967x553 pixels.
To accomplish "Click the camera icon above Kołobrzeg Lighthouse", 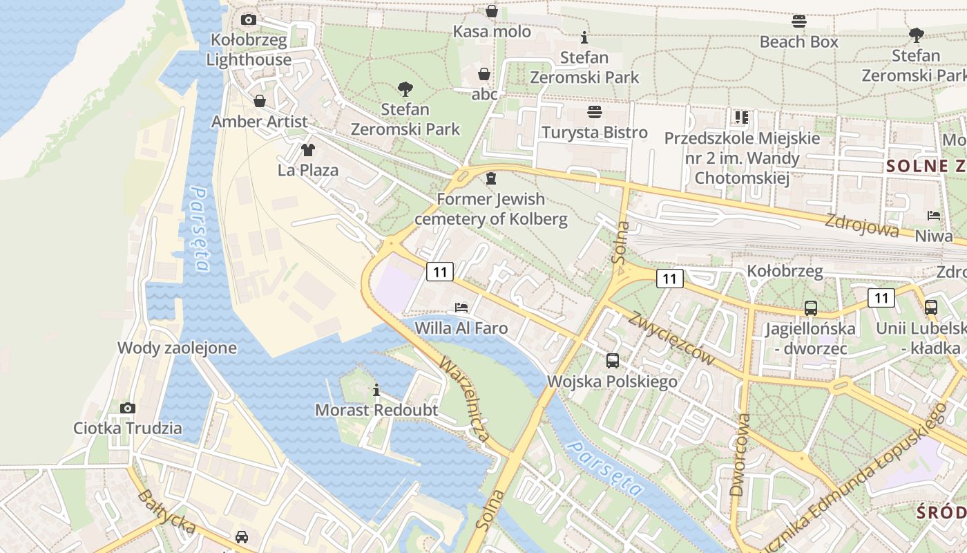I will coord(249,20).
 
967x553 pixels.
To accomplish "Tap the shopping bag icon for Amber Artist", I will coord(260,102).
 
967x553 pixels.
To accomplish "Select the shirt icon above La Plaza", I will coord(307,150).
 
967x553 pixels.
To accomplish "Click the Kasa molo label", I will coord(492,32).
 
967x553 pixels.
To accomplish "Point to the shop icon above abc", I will coord(484,74).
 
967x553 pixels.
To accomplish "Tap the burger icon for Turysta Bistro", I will coord(595,112).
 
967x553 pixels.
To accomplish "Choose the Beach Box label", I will coord(798,42).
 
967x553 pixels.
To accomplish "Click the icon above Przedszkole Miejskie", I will coord(742,118).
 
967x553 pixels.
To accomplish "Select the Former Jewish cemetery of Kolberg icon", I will coord(491,179).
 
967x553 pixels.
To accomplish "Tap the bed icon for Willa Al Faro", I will coord(461,307).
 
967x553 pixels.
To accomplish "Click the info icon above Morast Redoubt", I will coord(376,391).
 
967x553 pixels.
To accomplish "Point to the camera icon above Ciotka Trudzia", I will coord(128,408).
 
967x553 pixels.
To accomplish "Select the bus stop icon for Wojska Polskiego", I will coord(612,360).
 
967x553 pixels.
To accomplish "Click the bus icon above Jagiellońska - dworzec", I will coord(810,308).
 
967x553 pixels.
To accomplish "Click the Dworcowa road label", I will coord(739,454).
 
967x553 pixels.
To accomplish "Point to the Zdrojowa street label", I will coord(861,226).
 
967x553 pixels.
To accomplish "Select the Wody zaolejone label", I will coord(177,348).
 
